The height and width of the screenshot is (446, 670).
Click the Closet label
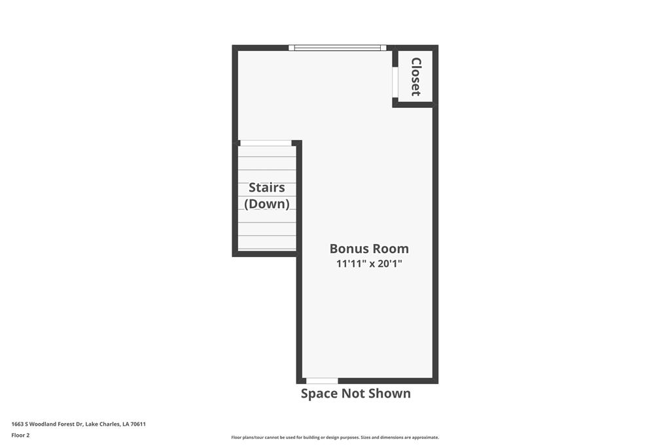coord(415,77)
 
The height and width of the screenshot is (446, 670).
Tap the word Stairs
coord(267,188)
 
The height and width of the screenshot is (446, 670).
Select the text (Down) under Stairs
coord(267,204)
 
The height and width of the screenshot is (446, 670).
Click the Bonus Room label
coord(369,249)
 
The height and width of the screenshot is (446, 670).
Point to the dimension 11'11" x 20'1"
coord(369,264)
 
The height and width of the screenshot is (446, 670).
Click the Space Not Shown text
coord(355,393)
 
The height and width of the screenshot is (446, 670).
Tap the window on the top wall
coord(338,48)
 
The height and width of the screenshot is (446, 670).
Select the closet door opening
coord(395,82)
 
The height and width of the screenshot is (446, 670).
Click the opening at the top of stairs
coord(266,143)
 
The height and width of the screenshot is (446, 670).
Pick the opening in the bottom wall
coord(322,381)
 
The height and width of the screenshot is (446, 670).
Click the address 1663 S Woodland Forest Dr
coord(47,424)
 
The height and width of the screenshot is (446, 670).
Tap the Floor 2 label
coord(20,435)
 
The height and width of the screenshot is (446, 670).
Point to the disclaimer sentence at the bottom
coord(335,437)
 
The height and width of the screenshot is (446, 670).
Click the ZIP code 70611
coord(138,424)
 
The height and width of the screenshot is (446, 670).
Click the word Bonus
coord(348,249)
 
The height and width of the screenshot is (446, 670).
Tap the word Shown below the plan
coord(389,393)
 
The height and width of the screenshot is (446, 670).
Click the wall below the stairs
coord(264,253)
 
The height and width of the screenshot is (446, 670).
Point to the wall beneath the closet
coord(413,105)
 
